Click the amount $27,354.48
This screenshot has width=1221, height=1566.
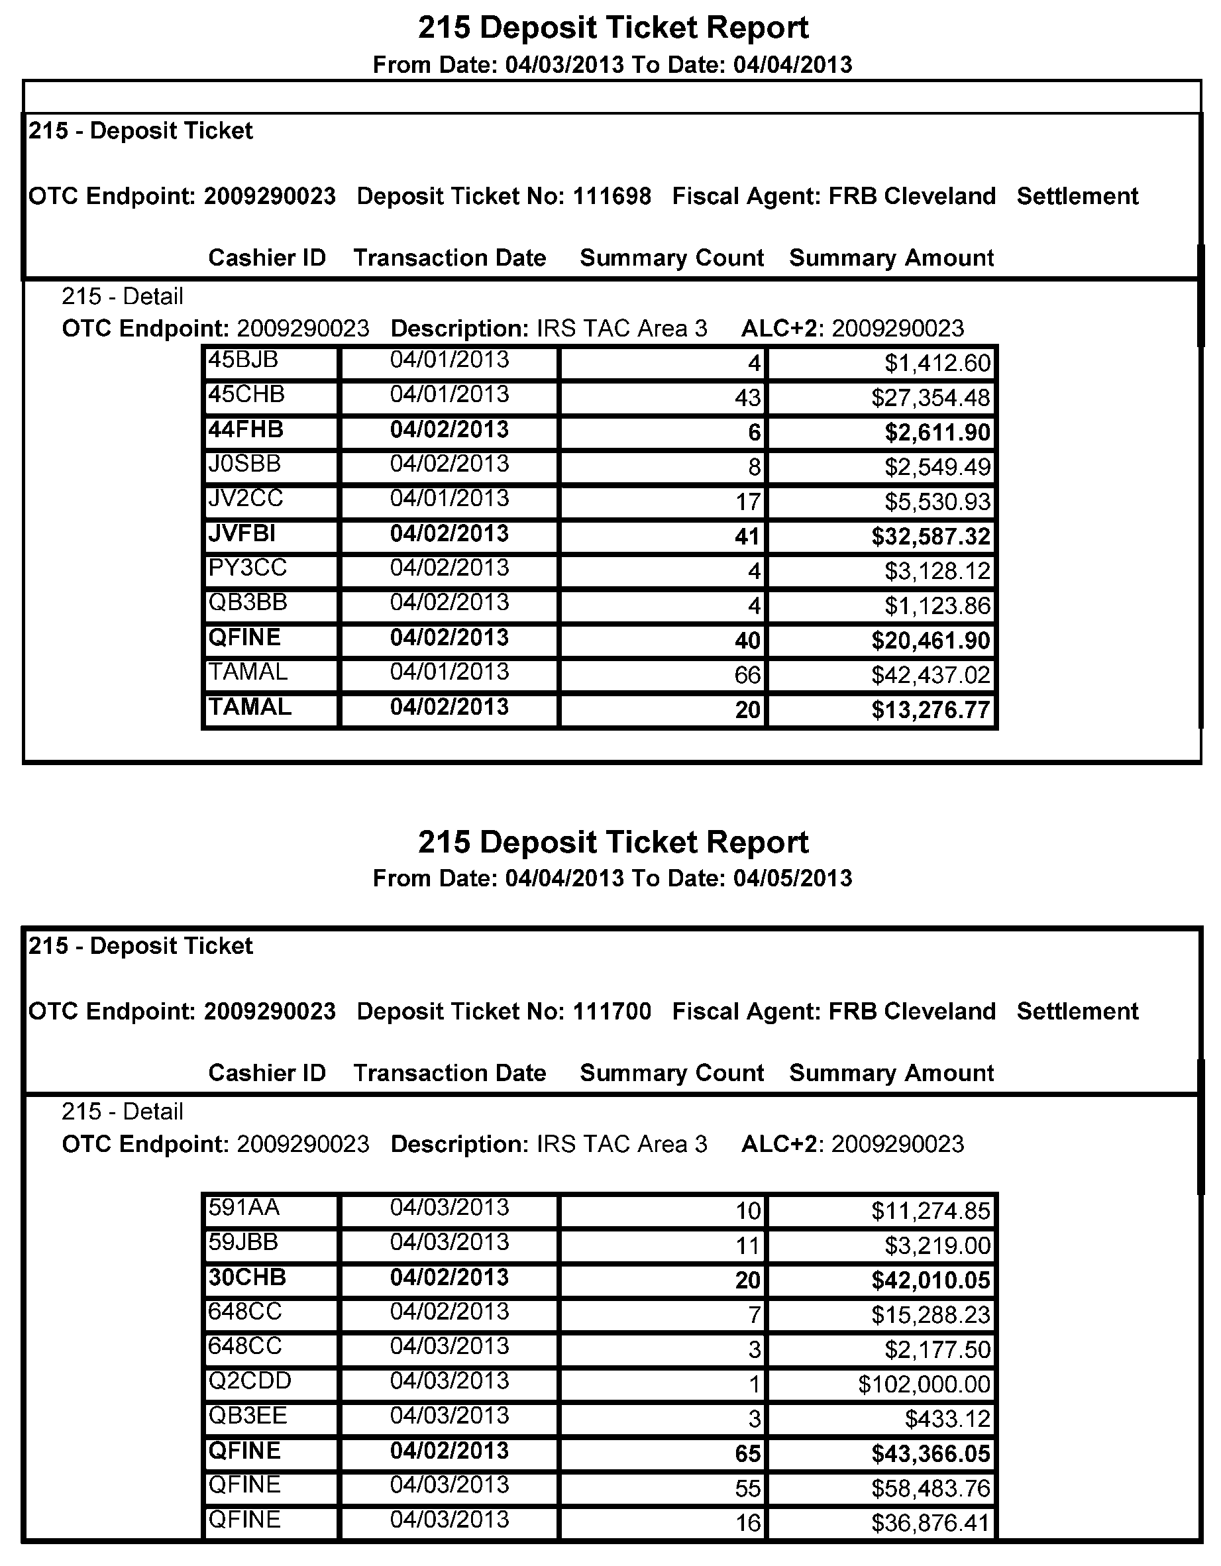pos(930,398)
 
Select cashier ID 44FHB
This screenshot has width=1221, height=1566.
pos(245,429)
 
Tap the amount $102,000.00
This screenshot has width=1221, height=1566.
pos(924,1384)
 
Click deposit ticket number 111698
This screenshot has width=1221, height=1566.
pos(611,196)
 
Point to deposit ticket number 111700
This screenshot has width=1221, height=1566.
pos(611,1011)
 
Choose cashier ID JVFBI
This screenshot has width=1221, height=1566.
pos(242,533)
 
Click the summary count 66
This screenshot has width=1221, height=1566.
pos(747,675)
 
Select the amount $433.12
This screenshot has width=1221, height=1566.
pos(947,1418)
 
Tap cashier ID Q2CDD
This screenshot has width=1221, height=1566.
pos(250,1381)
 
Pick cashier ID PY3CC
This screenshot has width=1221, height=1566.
pos(247,568)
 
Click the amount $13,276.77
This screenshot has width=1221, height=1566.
pos(930,710)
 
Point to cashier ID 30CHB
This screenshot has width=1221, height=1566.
pos(246,1277)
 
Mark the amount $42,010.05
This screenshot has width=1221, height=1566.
pos(930,1280)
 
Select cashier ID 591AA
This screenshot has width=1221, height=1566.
pos(244,1208)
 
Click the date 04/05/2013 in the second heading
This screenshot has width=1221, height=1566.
pos(792,878)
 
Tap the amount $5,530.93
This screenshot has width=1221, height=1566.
pos(936,502)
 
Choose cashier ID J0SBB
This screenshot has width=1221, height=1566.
pos(244,464)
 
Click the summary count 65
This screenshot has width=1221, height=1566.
pos(747,1453)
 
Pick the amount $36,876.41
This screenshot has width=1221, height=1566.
pos(930,1522)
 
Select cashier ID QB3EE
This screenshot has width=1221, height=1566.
pos(247,1416)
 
